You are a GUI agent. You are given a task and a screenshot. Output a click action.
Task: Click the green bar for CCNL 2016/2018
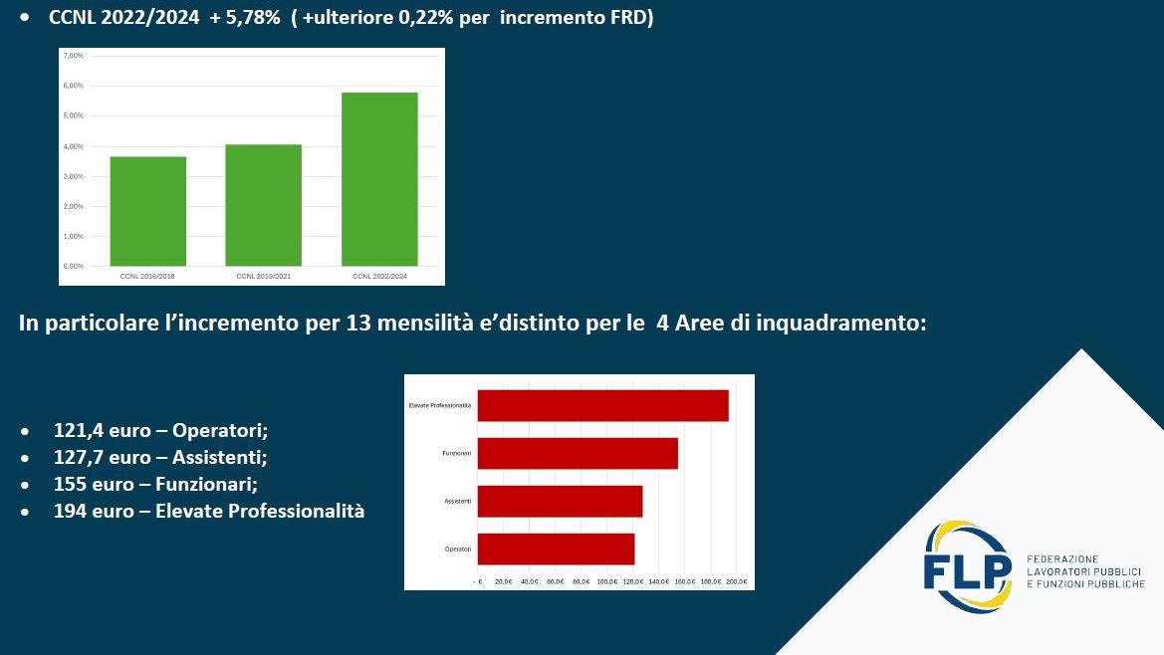tap(147, 211)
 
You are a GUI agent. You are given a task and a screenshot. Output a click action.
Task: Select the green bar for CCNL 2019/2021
tap(263, 205)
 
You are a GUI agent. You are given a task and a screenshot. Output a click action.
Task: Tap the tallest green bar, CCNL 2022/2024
tap(379, 179)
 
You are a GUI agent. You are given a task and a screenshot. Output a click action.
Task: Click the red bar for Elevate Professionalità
tap(603, 405)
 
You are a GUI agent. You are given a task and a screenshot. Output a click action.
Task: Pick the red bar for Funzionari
tap(578, 453)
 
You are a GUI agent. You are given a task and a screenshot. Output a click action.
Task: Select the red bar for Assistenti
tap(560, 501)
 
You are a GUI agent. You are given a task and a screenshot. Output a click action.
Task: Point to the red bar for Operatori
tap(556, 548)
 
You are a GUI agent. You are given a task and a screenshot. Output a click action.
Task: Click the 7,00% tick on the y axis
tap(74, 56)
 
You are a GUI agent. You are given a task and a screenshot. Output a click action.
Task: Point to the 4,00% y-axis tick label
tap(74, 146)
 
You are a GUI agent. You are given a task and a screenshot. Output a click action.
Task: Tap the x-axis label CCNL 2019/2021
tap(263, 276)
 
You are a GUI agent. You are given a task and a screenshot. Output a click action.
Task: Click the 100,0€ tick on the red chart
tap(607, 581)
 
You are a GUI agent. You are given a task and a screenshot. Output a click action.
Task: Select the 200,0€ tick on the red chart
tap(737, 581)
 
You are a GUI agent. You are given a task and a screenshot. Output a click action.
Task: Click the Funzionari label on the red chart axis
tap(457, 453)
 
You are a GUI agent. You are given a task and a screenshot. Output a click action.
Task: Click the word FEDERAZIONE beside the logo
tap(1062, 559)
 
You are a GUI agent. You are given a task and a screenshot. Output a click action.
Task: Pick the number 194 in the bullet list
tap(70, 512)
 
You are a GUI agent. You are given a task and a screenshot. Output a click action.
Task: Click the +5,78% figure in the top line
tap(245, 19)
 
